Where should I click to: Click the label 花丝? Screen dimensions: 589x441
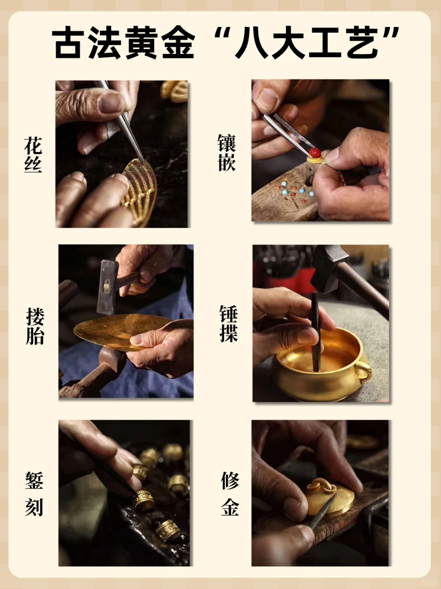33,155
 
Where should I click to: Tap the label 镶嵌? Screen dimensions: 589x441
226,153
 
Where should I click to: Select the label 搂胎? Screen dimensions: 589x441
35,327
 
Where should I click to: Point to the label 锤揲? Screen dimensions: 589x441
228,324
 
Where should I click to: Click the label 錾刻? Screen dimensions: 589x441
34,494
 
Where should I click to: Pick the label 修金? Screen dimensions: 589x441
230,494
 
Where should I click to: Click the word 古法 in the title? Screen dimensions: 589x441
88,43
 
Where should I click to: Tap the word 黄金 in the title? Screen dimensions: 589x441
159,43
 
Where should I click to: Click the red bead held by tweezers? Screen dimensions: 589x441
314,152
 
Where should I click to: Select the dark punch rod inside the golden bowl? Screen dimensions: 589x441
315,331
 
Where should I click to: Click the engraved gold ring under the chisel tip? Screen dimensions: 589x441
144,500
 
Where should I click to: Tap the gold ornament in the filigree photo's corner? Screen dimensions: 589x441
175,91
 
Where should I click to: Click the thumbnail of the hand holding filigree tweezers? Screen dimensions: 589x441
122,154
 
